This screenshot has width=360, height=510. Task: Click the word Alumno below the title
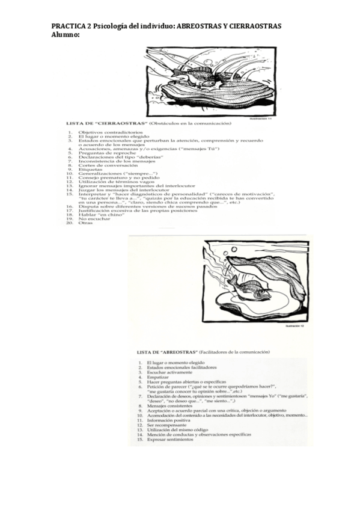pos(64,35)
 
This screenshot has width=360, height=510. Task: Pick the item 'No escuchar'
pos(93,219)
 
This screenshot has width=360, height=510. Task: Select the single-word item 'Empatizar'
pos(159,377)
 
